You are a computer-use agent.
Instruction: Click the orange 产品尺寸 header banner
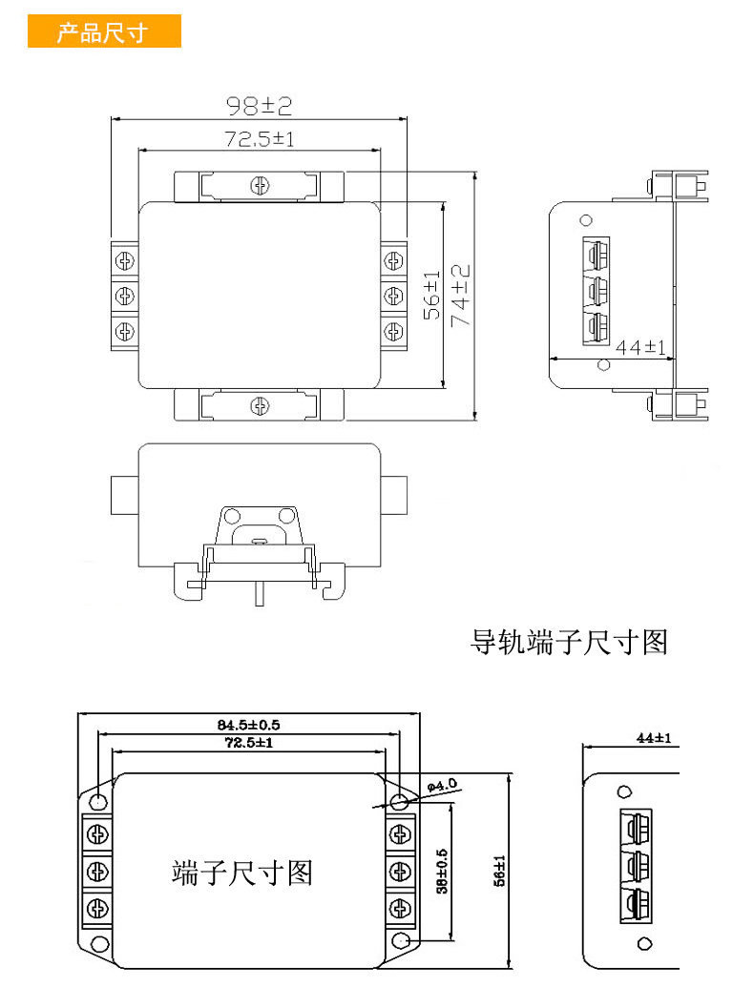click(104, 31)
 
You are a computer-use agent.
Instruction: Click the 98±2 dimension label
click(259, 106)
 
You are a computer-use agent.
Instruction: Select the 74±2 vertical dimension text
click(461, 296)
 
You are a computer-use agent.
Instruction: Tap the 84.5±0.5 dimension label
click(249, 725)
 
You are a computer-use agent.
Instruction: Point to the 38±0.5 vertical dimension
click(442, 871)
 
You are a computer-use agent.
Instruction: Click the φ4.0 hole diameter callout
click(442, 785)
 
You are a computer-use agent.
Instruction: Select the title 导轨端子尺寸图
click(569, 642)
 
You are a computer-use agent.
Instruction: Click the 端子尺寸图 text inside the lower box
click(241, 873)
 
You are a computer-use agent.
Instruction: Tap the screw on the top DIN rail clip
click(260, 186)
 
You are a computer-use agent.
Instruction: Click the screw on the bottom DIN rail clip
click(259, 406)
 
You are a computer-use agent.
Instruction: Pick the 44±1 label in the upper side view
click(640, 347)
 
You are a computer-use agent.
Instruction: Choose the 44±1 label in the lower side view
click(654, 738)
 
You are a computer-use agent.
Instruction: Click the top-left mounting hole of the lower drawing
click(98, 801)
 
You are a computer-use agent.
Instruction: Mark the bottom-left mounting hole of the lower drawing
click(99, 944)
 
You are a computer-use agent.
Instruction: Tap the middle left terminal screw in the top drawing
click(125, 296)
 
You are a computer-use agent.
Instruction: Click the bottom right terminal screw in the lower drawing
click(401, 909)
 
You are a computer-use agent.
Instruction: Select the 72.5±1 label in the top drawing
click(259, 138)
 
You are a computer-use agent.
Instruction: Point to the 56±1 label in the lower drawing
click(499, 871)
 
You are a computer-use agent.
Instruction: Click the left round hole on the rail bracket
click(233, 516)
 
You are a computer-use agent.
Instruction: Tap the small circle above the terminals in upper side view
click(586, 220)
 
